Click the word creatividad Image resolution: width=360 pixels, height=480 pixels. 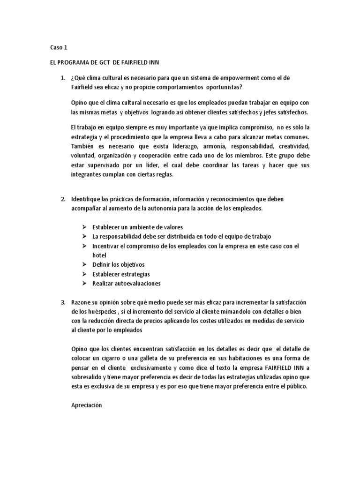click(x=290, y=146)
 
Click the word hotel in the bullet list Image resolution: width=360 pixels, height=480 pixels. click(x=99, y=255)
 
